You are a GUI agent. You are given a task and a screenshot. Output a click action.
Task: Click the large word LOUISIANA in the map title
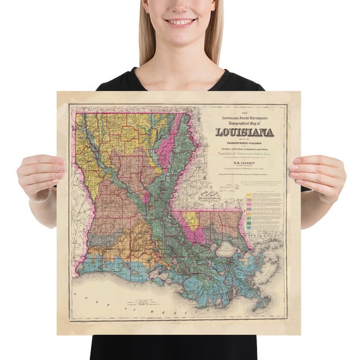244,133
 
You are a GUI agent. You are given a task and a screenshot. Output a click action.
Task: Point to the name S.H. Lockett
244,163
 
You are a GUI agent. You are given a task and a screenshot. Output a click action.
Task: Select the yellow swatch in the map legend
251,197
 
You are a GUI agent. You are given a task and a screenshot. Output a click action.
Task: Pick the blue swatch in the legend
251,221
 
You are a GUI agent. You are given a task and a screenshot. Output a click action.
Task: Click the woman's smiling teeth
181,21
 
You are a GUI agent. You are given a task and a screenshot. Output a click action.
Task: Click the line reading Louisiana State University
244,117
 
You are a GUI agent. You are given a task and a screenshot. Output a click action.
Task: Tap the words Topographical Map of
244,124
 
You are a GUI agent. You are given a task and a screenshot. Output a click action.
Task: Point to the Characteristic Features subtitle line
244,143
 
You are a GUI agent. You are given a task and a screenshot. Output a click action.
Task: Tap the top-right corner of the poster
300,92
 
